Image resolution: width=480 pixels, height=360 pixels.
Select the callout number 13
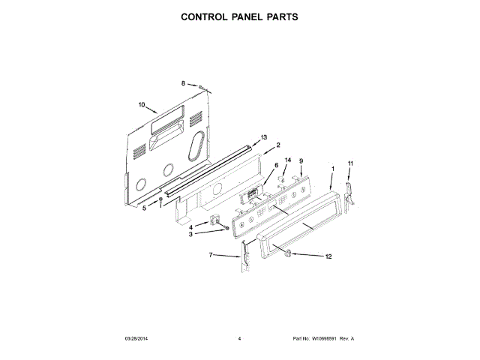click(264, 137)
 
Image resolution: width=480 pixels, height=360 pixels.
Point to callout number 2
click(277, 145)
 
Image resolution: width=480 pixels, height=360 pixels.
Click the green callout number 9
click(301, 161)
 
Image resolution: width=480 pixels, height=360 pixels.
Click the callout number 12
click(327, 257)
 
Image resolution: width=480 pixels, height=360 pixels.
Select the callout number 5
click(145, 208)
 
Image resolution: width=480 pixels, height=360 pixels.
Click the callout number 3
click(191, 234)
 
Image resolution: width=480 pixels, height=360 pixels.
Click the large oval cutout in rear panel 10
click(197, 146)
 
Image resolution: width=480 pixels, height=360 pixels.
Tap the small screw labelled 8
click(201, 87)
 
